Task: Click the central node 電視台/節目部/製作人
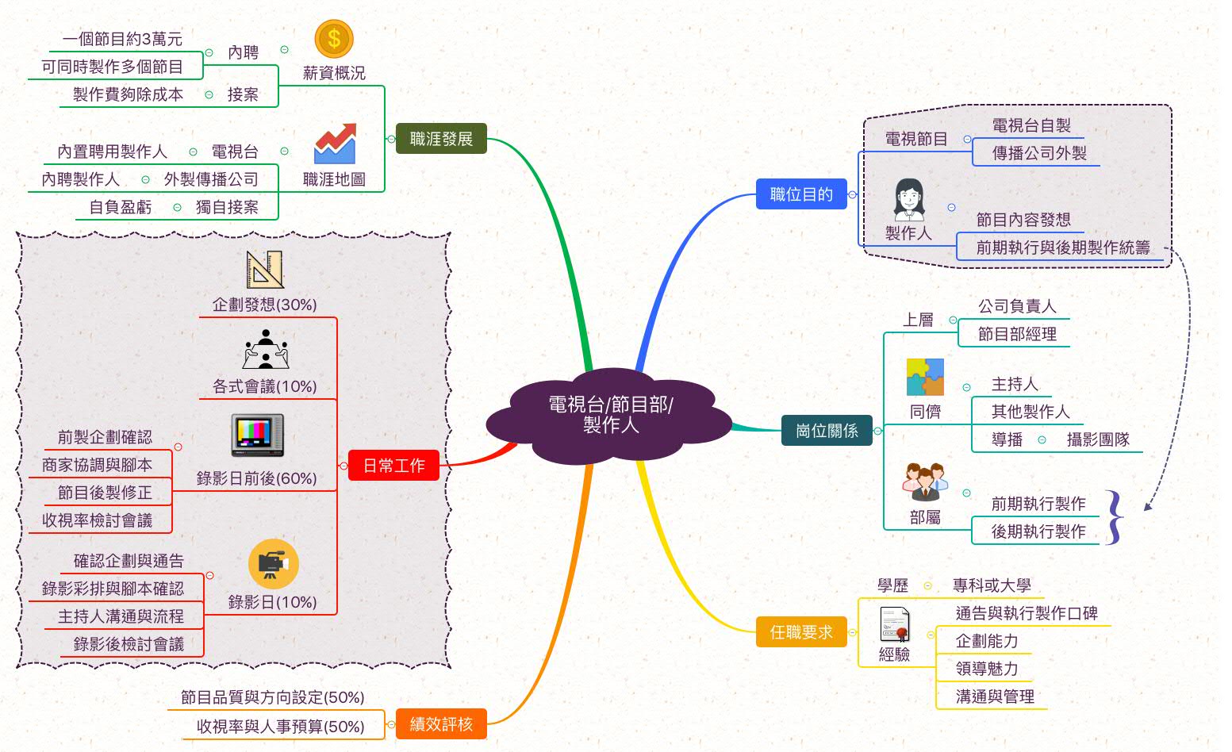[609, 415]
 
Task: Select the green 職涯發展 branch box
[441, 139]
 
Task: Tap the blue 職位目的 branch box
[801, 194]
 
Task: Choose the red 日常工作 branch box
[393, 466]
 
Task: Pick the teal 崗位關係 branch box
[827, 431]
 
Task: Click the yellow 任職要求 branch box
[801, 632]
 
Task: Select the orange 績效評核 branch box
[441, 724]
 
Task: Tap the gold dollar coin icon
[333, 39]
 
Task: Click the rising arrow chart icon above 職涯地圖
[334, 144]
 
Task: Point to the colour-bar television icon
[257, 435]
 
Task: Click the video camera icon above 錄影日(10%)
[273, 564]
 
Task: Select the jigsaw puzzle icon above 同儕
[925, 377]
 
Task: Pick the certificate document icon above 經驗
[895, 624]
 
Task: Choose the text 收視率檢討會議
[97, 520]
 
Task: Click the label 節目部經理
[1017, 334]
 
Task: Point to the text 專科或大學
[992, 585]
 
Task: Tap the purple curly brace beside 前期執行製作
[1115, 517]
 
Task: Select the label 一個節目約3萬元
[122, 39]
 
